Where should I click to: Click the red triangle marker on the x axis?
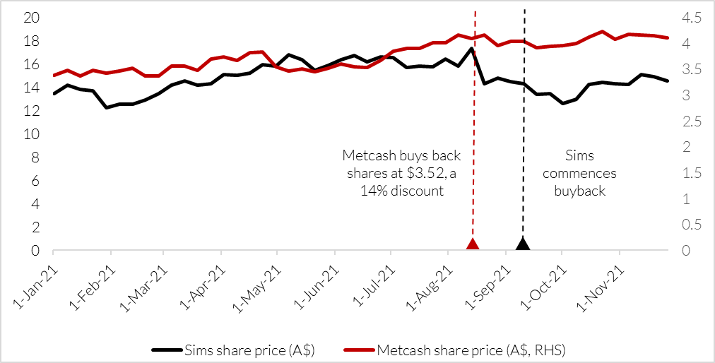(x=473, y=244)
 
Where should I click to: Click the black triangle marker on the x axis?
(x=523, y=244)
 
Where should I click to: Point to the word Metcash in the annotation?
(x=366, y=155)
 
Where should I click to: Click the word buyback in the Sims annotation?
(x=581, y=191)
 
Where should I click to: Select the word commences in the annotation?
(x=581, y=173)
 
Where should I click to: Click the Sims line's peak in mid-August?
(x=471, y=49)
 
